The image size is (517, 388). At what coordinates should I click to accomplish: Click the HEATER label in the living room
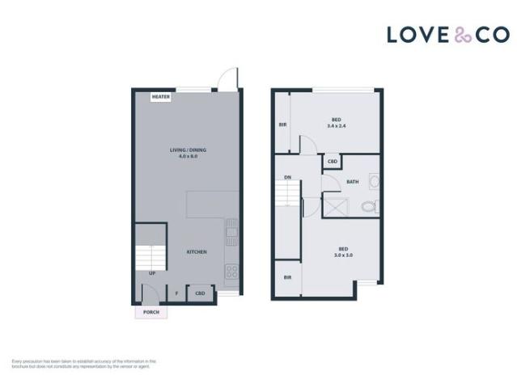[x=161, y=97]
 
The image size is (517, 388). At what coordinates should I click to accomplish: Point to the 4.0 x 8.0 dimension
[x=188, y=156]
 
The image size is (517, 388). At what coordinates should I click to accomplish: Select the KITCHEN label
[x=197, y=251]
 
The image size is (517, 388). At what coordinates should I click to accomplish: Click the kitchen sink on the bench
[x=231, y=234]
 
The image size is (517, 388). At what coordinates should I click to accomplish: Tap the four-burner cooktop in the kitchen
[x=231, y=272]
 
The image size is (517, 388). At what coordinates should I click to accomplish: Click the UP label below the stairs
[x=152, y=273]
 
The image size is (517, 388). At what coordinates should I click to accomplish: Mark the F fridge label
[x=176, y=293]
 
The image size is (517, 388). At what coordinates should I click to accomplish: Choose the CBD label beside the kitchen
[x=199, y=293]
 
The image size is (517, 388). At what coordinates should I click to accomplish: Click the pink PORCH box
[x=150, y=312]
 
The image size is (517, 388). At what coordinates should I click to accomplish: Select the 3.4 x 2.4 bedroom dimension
[x=337, y=126]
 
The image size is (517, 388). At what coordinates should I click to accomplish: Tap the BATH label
[x=353, y=182]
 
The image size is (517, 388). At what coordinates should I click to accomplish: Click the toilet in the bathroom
[x=369, y=207]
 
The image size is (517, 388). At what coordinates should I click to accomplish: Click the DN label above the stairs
[x=287, y=178]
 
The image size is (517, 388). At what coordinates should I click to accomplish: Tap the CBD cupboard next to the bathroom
[x=332, y=162]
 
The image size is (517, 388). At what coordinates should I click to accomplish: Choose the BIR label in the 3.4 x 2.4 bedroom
[x=283, y=124]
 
